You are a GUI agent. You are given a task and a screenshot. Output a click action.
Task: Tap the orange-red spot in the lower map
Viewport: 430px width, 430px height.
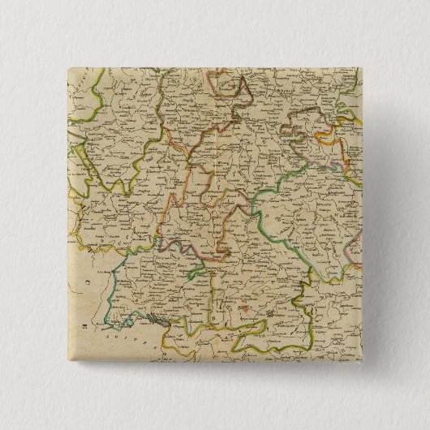click(244, 308)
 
